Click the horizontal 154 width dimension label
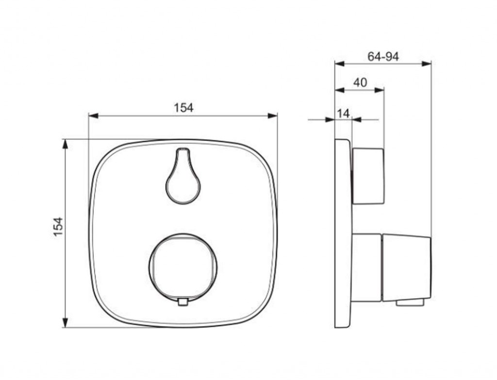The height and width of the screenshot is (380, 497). point(183,108)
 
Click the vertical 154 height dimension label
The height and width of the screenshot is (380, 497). point(58,227)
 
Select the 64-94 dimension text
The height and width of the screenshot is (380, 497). point(383,56)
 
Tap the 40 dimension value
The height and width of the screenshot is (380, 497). point(360,83)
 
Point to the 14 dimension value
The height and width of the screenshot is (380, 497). point(343,113)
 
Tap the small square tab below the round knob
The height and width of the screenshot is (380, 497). point(183,302)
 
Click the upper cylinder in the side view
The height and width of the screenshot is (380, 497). point(368,176)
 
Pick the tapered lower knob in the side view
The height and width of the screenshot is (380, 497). point(407,268)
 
